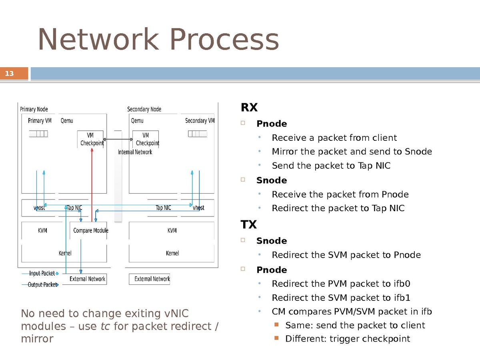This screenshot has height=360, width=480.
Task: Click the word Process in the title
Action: pyautogui.click(x=224, y=40)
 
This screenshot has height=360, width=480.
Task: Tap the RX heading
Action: pyautogui.click(x=249, y=108)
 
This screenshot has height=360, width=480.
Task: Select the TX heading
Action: pyautogui.click(x=248, y=225)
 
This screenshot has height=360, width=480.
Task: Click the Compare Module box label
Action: pyautogui.click(x=90, y=230)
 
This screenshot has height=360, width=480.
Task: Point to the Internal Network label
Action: pyautogui.click(x=135, y=152)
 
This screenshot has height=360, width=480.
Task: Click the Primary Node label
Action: pyautogui.click(x=34, y=109)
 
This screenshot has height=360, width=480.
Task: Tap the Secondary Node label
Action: pyautogui.click(x=144, y=109)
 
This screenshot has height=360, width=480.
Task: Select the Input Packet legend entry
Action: pyautogui.click(x=42, y=273)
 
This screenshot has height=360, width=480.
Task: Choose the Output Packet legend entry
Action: pyautogui.click(x=42, y=285)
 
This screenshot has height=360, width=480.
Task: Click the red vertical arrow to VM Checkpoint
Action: pyautogui.click(x=92, y=184)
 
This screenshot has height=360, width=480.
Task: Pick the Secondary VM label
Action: pyautogui.click(x=200, y=121)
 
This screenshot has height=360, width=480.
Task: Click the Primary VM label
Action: pyautogui.click(x=40, y=121)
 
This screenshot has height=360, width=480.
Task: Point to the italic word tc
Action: pyautogui.click(x=105, y=326)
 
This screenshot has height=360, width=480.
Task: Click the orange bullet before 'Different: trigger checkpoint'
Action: pyautogui.click(x=276, y=338)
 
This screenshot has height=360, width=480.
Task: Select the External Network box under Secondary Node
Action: pyautogui.click(x=149, y=279)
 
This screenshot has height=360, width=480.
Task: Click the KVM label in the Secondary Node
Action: pyautogui.click(x=172, y=230)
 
